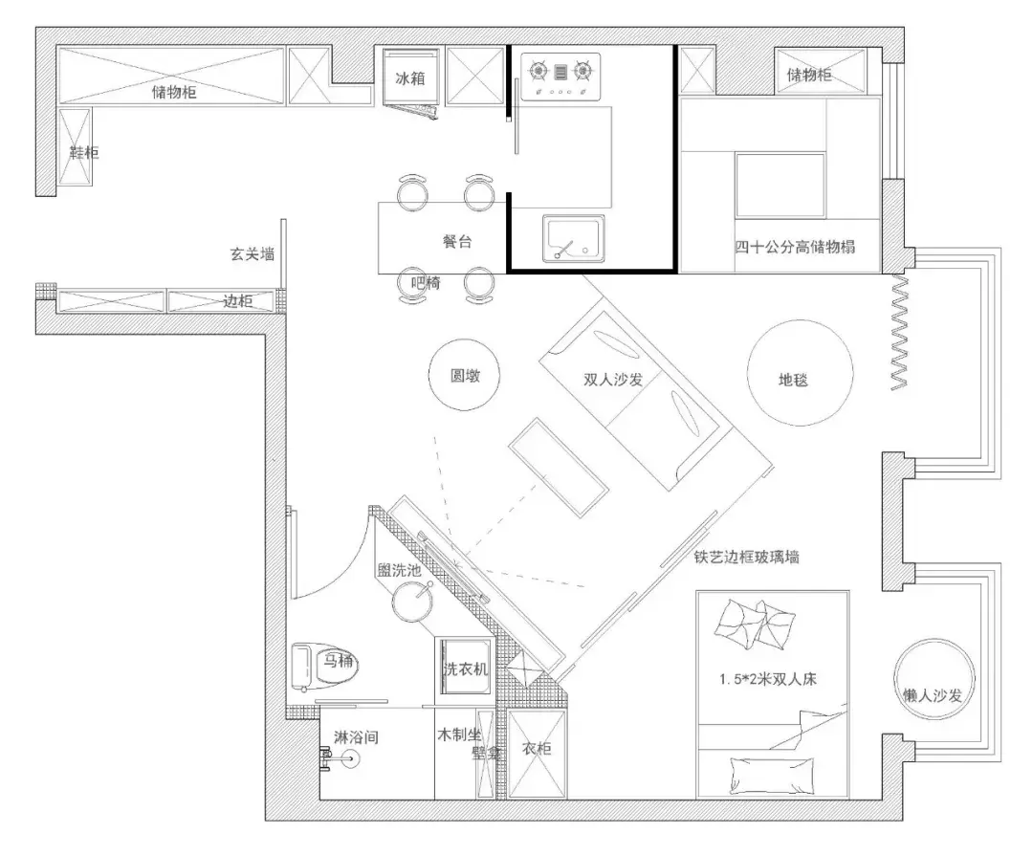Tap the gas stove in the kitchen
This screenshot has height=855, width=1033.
point(560,74)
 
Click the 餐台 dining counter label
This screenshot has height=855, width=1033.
point(456,242)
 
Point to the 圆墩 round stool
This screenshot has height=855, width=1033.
point(465,375)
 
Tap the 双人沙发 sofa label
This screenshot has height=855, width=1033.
point(612,379)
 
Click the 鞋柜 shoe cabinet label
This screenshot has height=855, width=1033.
point(82,152)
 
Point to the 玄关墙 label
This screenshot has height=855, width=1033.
point(252,254)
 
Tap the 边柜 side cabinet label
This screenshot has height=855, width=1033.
point(237,301)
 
